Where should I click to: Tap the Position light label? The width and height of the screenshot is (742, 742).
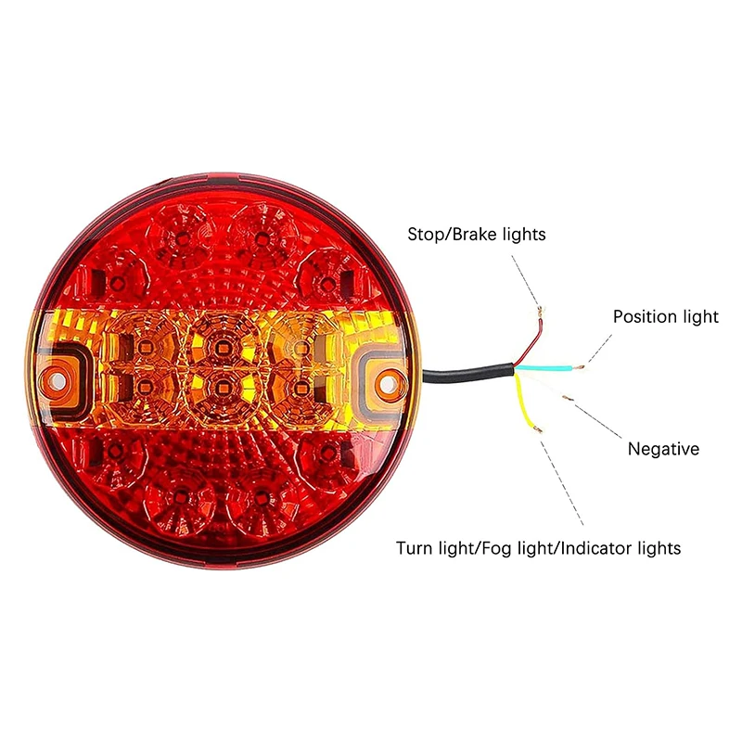(x=665, y=317)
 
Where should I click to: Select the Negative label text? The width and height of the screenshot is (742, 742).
(x=663, y=450)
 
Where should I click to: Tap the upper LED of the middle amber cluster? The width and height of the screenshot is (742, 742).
(x=221, y=347)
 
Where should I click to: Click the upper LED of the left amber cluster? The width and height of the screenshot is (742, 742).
(x=141, y=347)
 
